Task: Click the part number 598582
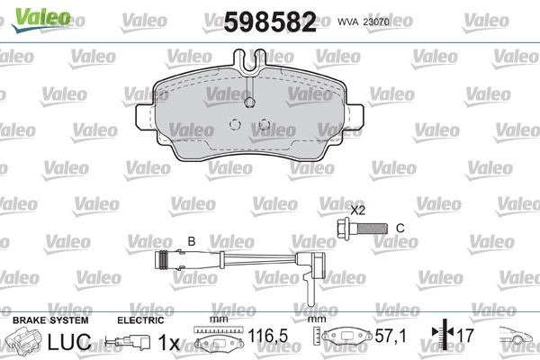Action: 270,22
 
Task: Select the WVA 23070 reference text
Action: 364,22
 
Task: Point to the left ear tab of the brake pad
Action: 145,116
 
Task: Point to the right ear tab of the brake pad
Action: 355,116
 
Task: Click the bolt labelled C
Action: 362,228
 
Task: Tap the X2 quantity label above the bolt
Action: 357,210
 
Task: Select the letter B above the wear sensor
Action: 192,241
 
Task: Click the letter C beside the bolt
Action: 400,228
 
